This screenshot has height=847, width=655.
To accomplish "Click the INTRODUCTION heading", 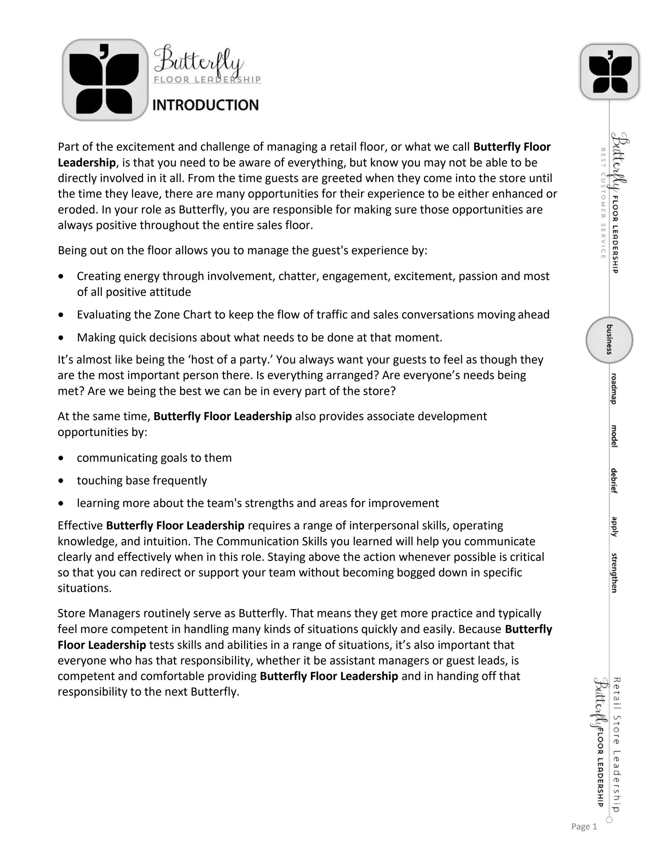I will coord(205,105).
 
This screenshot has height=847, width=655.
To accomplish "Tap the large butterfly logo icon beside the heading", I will coord(105,80).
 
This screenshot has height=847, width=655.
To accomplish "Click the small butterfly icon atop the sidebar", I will coord(610,72).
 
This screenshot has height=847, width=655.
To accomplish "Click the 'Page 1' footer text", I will coord(584,826).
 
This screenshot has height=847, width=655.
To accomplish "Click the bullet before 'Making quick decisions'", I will coord(61,338).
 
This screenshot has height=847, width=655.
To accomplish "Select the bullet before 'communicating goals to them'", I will coord(61,458).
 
